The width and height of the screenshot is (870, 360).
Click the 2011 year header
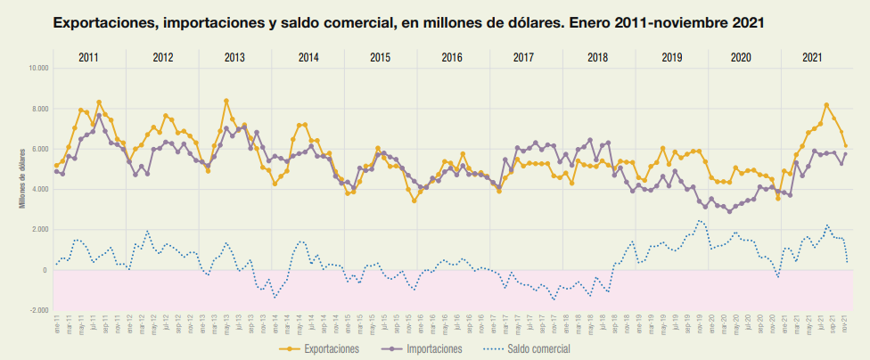(89, 58)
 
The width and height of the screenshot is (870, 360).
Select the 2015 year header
(380, 58)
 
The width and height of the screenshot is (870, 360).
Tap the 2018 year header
(597, 58)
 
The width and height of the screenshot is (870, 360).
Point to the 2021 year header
(812, 58)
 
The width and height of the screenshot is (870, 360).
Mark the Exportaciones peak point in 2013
(226, 101)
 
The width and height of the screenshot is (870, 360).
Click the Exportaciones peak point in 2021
(826, 104)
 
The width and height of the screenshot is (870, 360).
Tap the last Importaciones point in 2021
(845, 154)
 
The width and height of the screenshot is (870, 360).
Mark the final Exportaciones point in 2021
(845, 146)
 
